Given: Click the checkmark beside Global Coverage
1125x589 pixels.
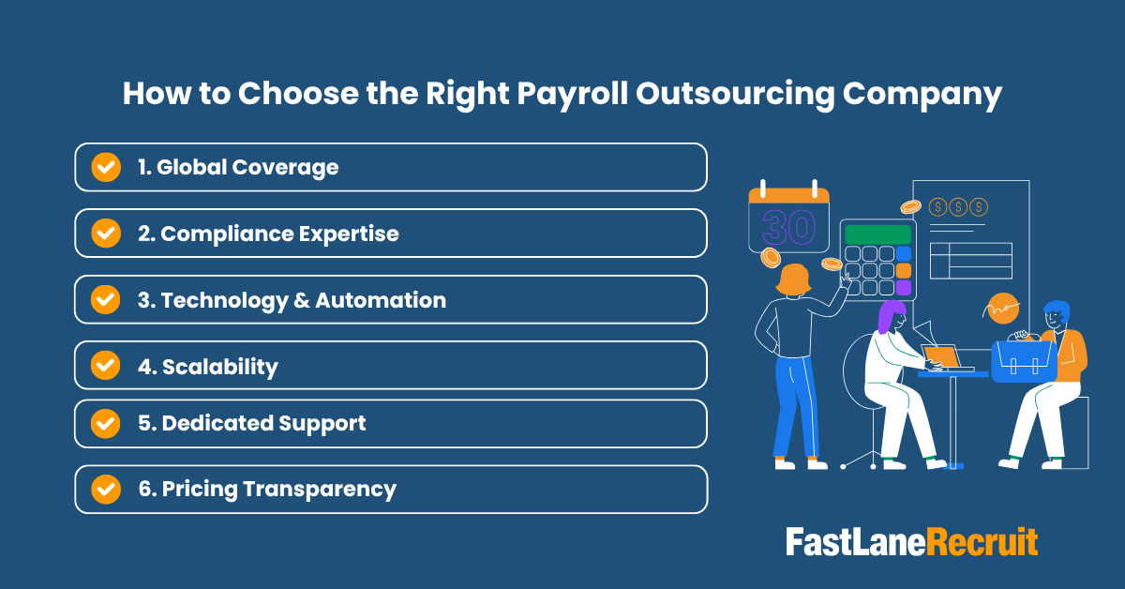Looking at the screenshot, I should pyautogui.click(x=105, y=167).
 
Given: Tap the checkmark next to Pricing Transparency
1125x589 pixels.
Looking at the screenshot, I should pyautogui.click(x=105, y=489).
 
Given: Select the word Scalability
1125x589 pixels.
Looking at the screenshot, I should pyautogui.click(x=220, y=366).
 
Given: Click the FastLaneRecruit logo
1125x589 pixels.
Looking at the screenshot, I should pyautogui.click(x=911, y=542).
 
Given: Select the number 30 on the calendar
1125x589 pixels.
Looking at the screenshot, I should pyautogui.click(x=788, y=227).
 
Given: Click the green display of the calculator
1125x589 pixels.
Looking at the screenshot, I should pyautogui.click(x=877, y=234).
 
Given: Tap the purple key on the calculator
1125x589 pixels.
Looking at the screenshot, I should pyautogui.click(x=904, y=287).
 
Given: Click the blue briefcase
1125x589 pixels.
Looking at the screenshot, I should pyautogui.click(x=1024, y=360).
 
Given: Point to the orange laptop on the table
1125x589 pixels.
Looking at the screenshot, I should pyautogui.click(x=941, y=356).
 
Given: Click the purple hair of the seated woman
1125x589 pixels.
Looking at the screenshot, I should pyautogui.click(x=890, y=317).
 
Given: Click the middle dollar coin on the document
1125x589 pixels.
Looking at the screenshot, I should pyautogui.click(x=958, y=206).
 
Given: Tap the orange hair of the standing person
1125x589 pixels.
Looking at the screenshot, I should pyautogui.click(x=793, y=279).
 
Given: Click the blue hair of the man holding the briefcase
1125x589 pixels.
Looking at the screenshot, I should pyautogui.click(x=1057, y=310).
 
